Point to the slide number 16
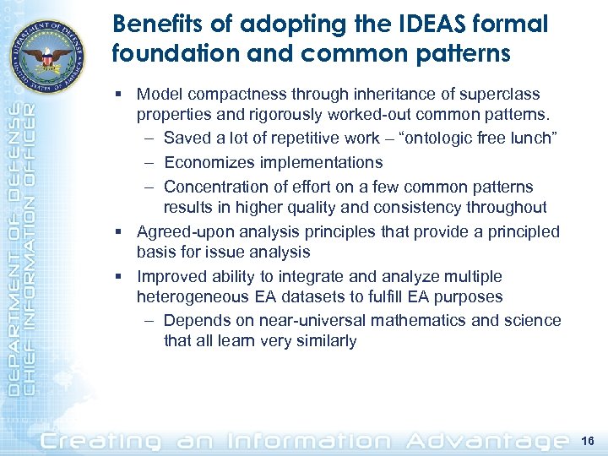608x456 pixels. (589, 439)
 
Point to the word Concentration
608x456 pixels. (217, 187)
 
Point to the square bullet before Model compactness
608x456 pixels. (124, 95)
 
